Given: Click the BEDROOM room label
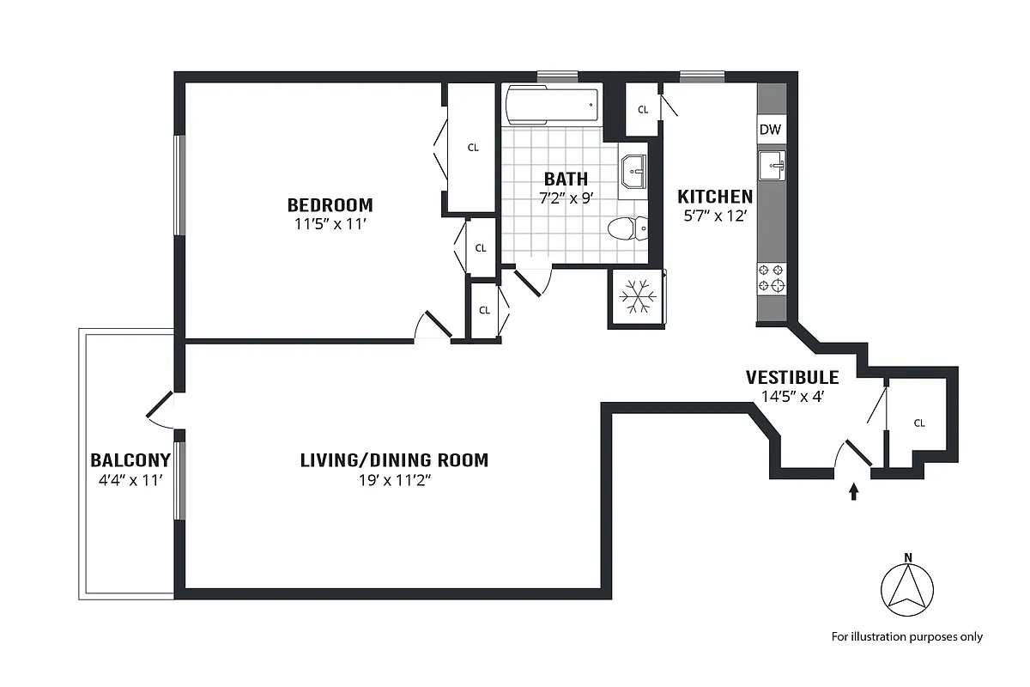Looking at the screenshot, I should coord(330,205).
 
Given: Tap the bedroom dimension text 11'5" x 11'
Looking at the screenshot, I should coord(330,225).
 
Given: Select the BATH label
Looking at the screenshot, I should coord(566,179).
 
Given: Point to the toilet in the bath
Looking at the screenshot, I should coord(627,229).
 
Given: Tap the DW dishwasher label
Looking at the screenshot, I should coord(770,130).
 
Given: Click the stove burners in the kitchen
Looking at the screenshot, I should coord(771,278).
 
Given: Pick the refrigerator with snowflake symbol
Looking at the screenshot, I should coord(637,297).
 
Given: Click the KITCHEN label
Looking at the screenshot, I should coord(715,197).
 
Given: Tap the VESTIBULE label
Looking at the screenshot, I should coord(791,378).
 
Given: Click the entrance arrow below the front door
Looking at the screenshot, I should coord(853,491).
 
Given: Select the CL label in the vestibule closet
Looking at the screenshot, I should coord(919,423).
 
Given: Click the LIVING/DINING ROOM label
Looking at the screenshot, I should coord(394,460).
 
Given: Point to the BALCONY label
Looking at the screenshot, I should coord(130,460).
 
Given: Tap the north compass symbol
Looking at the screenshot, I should coord(906,593).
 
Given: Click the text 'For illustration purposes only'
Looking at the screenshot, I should coord(906,637).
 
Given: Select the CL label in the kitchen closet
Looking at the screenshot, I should coord(642,110).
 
